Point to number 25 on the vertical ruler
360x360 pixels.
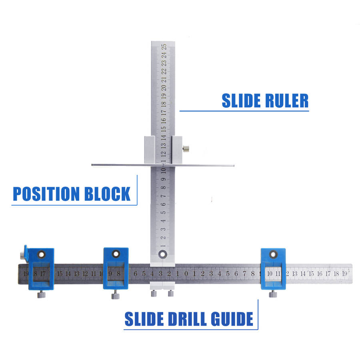pyautogui.click(x=164, y=47)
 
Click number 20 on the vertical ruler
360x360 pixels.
pyautogui.click(x=164, y=88)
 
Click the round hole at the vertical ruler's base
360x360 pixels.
pyautogui.click(x=162, y=253)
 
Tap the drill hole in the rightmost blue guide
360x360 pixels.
pyautogui.click(x=273, y=254)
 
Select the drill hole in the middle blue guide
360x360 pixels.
pyautogui.click(x=116, y=254)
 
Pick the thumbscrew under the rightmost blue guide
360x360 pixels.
pyautogui.click(x=273, y=294)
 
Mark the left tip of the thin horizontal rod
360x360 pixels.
pyautogui.click(x=92, y=164)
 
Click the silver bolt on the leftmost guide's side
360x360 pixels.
pyautogui.click(x=21, y=255)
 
